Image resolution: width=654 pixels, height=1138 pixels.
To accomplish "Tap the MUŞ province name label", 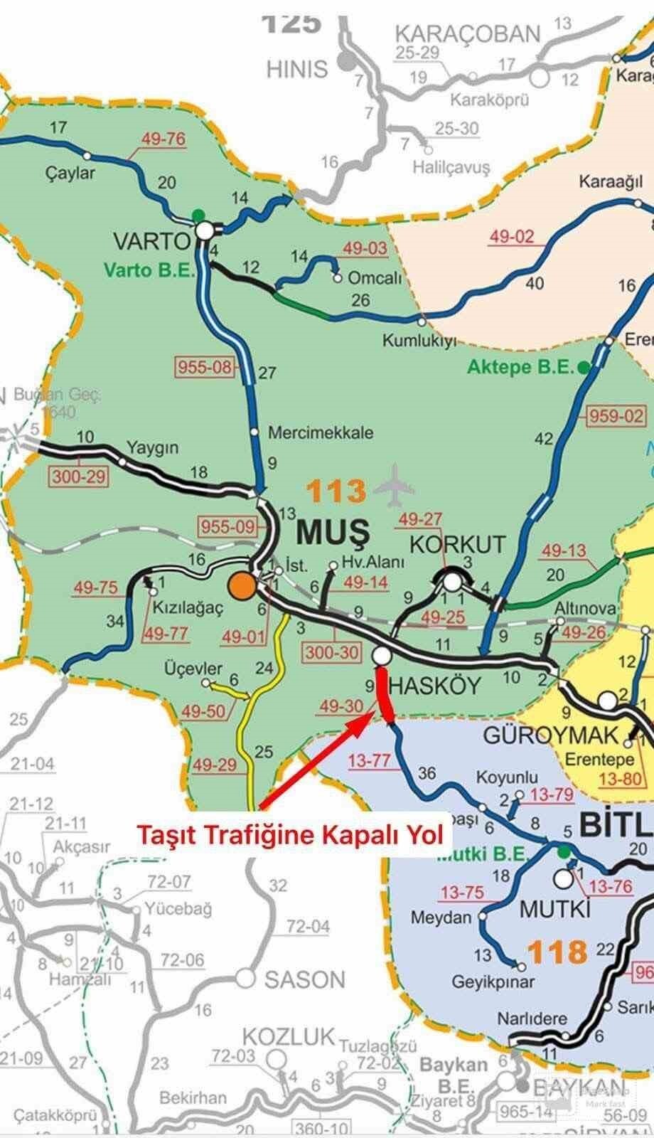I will click(x=332, y=531).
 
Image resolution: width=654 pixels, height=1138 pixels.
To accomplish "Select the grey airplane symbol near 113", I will click(x=394, y=487).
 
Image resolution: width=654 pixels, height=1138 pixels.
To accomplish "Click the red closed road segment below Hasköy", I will click(x=384, y=693).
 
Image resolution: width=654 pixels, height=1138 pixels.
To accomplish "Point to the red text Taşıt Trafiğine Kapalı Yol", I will click(x=289, y=834).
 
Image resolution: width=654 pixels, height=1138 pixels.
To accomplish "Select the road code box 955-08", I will click(x=204, y=367).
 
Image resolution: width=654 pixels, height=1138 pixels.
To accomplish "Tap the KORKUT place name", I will click(x=458, y=545).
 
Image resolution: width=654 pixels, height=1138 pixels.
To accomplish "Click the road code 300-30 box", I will click(x=332, y=652).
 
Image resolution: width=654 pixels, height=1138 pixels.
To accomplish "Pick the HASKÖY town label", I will click(x=435, y=686).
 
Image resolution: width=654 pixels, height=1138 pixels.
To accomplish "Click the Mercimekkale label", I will click(x=320, y=432).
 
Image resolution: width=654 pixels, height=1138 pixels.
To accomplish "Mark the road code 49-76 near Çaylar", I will click(x=163, y=139).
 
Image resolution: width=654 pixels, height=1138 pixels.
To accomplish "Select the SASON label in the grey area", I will click(x=304, y=979).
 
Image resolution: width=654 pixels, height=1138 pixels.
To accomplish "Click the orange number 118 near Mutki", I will click(x=558, y=952).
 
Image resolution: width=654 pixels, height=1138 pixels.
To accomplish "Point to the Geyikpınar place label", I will click(x=493, y=982).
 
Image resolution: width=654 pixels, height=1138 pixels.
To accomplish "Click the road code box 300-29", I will click(x=79, y=476).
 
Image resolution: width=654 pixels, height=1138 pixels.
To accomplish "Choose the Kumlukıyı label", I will click(x=418, y=341).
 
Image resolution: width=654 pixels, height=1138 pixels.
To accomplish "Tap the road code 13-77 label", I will click(x=369, y=760).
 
